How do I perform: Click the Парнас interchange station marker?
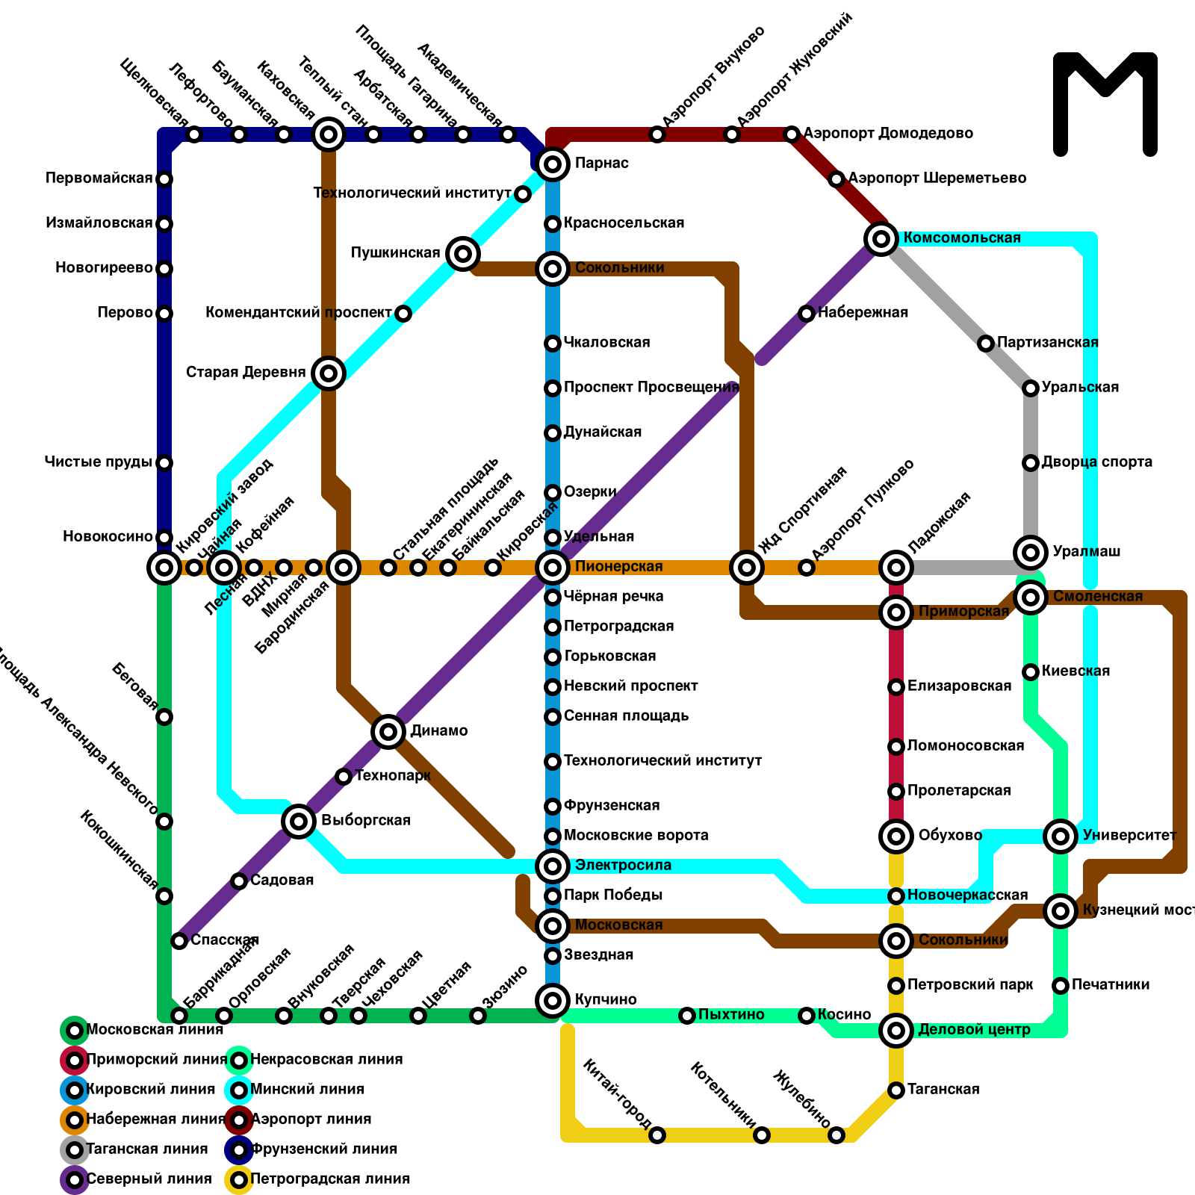[x=553, y=164]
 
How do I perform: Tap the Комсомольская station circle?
[x=881, y=239]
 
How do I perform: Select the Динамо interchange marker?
[x=388, y=731]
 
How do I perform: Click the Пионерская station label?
[x=618, y=567]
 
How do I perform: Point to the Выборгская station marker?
[x=299, y=822]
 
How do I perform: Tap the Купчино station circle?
[x=553, y=1001]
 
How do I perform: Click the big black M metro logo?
[x=1105, y=105]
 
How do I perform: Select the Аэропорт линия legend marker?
[x=239, y=1120]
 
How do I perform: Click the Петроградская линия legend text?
[x=330, y=1179]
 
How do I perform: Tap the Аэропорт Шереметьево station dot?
[x=836, y=179]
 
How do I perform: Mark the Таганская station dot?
[x=896, y=1090]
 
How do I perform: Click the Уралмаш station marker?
[x=1031, y=553]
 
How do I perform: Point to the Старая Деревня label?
[x=246, y=373]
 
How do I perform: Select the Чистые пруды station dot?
[x=164, y=463]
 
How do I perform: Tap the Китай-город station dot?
[x=657, y=1135]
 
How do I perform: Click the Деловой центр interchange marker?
[x=896, y=1031]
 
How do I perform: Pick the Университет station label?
[x=1129, y=836]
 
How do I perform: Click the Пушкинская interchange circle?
[x=463, y=254]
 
